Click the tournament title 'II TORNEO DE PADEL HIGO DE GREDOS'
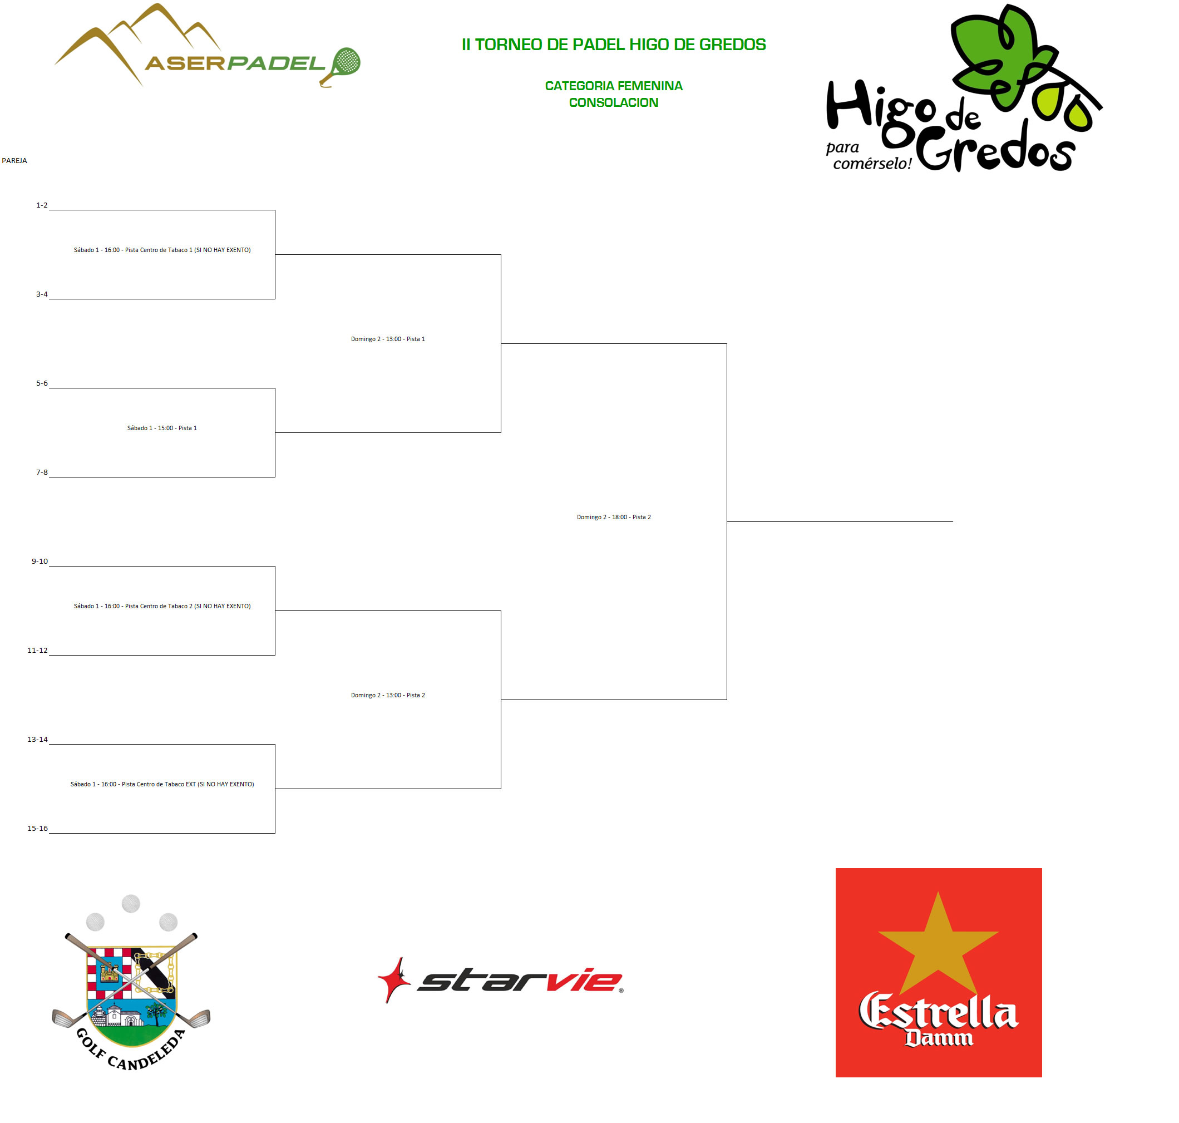(614, 45)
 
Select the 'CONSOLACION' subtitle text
(614, 102)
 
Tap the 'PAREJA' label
(14, 160)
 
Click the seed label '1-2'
(42, 205)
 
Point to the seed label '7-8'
(42, 472)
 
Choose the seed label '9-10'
(40, 561)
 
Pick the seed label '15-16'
(38, 829)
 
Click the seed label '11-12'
(38, 651)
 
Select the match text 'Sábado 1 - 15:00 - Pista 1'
(161, 428)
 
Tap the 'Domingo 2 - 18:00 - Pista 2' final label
(614, 517)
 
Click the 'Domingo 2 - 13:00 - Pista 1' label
(388, 339)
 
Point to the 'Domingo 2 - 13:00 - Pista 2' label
(388, 696)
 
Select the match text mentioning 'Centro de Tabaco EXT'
(161, 784)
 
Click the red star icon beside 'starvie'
(394, 979)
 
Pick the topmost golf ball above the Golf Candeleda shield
(131, 903)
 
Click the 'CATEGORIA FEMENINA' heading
(614, 86)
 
